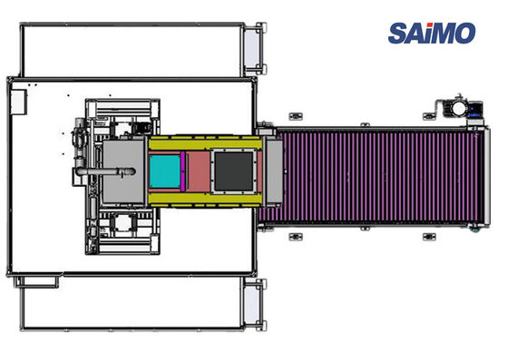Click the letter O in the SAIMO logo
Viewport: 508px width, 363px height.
pyautogui.click(x=464, y=33)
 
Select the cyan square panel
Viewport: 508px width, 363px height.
pyautogui.click(x=165, y=172)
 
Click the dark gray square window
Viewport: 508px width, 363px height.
pyautogui.click(x=234, y=172)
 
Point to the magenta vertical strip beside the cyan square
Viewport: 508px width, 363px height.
pyautogui.click(x=182, y=172)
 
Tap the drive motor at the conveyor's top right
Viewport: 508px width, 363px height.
pyautogui.click(x=459, y=108)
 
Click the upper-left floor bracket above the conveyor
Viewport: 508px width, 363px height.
pyautogui.click(x=295, y=116)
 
